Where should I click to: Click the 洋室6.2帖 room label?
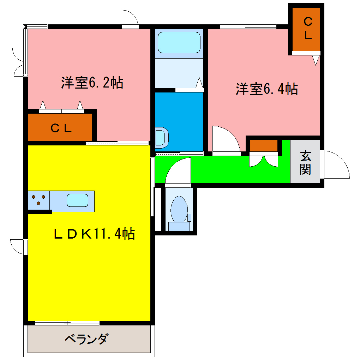point(92,83)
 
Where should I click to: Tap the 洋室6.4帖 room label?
point(267,89)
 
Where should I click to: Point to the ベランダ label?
point(86,340)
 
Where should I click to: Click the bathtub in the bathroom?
point(179,42)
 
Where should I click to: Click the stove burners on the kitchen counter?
point(38,200)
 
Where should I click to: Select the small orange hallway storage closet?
point(264,145)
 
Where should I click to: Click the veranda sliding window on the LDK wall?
point(67,323)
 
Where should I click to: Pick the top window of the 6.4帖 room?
point(248,26)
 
